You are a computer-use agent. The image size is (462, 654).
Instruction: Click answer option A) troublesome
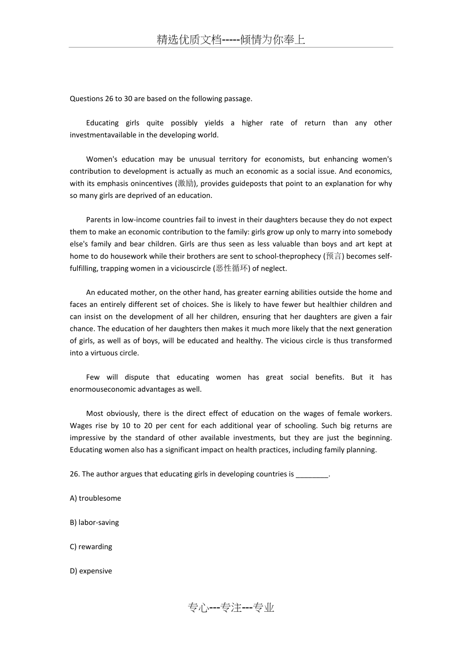pos(95,498)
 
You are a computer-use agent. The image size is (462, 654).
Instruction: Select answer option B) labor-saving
pos(94,522)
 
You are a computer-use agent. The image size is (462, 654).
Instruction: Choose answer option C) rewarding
pos(91,547)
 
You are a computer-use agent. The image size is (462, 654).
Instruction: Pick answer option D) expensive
pos(91,571)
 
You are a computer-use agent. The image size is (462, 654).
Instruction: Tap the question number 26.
pos(74,474)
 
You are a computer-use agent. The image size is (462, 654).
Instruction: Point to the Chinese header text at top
pos(231,40)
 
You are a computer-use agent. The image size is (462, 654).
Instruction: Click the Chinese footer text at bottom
pos(231,608)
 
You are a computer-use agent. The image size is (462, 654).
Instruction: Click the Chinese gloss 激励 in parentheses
pos(185,183)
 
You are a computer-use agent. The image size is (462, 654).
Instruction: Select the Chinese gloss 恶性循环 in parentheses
pos(232,268)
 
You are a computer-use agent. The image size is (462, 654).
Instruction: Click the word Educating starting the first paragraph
pos(102,123)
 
